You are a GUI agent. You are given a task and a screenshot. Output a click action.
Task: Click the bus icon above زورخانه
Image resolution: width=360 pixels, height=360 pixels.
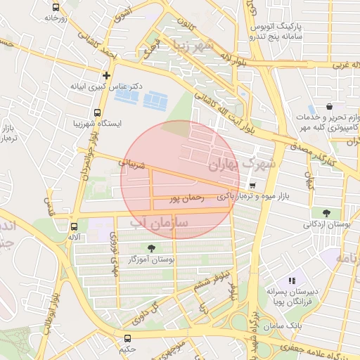click(56, 6)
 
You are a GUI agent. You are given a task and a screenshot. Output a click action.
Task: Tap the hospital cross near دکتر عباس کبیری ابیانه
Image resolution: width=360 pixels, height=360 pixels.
click(106, 75)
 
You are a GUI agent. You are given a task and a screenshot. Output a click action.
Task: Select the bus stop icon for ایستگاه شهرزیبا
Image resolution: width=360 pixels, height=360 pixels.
click(97, 112)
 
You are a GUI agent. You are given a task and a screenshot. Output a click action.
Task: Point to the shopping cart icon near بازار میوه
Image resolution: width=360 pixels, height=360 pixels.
click(252, 185)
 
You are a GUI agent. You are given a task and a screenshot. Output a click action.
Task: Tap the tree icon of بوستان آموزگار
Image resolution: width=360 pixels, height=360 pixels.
click(151, 247)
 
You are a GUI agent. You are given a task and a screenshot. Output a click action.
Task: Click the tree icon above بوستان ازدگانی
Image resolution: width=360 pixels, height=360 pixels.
click(326, 212)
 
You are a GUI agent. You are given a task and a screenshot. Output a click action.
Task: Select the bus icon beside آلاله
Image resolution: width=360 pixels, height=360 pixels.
click(74, 226)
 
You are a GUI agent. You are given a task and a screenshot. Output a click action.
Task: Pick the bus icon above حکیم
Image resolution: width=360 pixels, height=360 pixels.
click(127, 337)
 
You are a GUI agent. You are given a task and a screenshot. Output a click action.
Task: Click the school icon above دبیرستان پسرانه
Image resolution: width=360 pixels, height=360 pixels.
click(292, 281)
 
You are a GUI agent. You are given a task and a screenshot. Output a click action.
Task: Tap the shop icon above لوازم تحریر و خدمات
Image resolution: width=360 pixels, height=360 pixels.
click(330, 106)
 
